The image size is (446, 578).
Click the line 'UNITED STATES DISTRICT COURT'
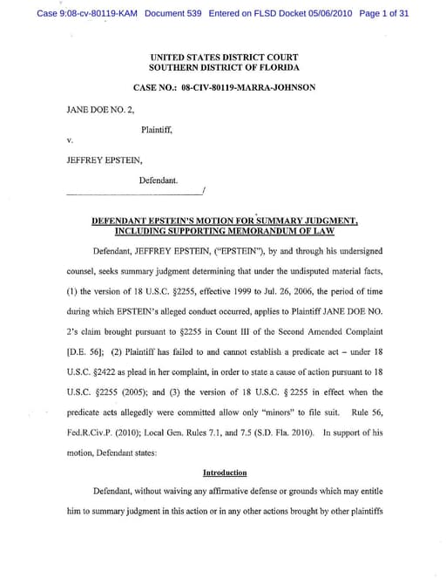point(223,58)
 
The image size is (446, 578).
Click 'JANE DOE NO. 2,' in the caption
point(95,111)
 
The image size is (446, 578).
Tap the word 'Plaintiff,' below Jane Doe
point(157,129)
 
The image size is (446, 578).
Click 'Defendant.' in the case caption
point(159,180)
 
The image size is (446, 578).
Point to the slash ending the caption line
point(203,190)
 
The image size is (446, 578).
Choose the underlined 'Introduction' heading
point(225,473)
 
